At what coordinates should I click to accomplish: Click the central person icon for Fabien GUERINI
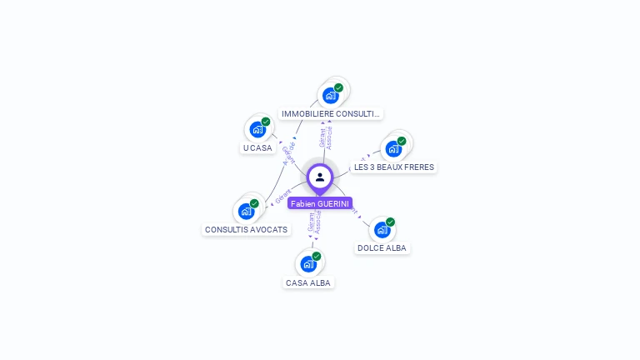[x=320, y=177]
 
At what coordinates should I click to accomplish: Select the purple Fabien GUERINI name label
[x=320, y=203]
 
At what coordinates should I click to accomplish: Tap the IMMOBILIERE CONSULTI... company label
[x=331, y=113]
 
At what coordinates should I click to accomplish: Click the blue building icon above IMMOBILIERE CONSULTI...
[x=331, y=96]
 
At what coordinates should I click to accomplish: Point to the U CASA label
[x=257, y=147]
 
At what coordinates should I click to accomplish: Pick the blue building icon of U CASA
[x=257, y=130]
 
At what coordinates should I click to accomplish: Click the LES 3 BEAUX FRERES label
[x=394, y=167]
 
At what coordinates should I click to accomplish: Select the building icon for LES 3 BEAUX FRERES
[x=392, y=149]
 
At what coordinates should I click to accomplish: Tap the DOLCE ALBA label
[x=382, y=247]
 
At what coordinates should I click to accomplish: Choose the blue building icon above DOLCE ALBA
[x=382, y=230]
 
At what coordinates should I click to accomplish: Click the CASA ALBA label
[x=308, y=282]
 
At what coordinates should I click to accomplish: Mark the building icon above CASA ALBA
[x=308, y=264]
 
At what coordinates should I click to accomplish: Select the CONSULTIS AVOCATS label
[x=246, y=229]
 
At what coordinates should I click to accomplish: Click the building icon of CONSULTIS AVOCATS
[x=246, y=211]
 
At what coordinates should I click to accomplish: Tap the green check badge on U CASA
[x=266, y=122]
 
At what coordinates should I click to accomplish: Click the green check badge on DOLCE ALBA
[x=390, y=222]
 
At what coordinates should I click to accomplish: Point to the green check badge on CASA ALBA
[x=317, y=256]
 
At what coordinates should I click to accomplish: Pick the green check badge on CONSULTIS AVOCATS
[x=254, y=202]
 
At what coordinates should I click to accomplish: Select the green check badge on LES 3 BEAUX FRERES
[x=401, y=141]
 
